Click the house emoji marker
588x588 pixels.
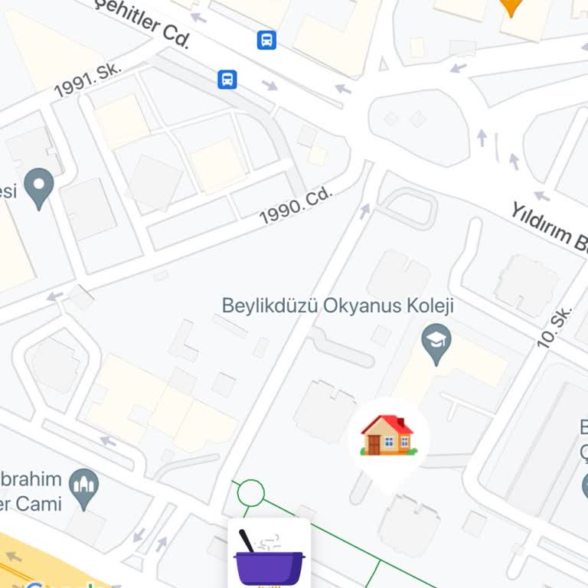click(388, 436)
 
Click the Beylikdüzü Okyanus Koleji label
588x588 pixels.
click(338, 305)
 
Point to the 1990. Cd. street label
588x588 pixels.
click(296, 206)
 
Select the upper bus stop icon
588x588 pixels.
click(266, 40)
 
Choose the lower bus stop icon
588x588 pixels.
click(227, 79)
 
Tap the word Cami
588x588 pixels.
click(39, 503)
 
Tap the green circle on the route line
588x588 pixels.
click(250, 492)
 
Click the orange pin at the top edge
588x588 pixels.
click(511, 7)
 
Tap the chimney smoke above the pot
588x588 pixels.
click(267, 542)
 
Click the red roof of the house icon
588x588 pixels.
click(387, 424)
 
